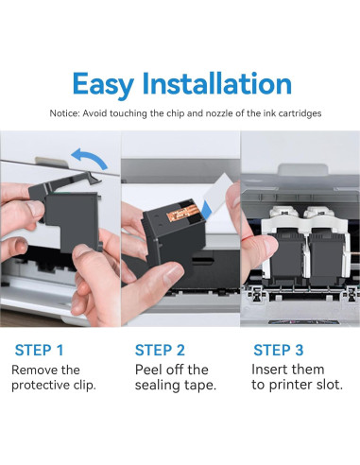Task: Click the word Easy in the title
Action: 103,84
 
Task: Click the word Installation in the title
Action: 217,83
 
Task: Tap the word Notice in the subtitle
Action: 65,113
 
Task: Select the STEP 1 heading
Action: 39,350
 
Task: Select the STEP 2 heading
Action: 160,350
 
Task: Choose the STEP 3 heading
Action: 279,350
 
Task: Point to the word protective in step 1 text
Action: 41,386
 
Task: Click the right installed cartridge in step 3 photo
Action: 326,257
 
